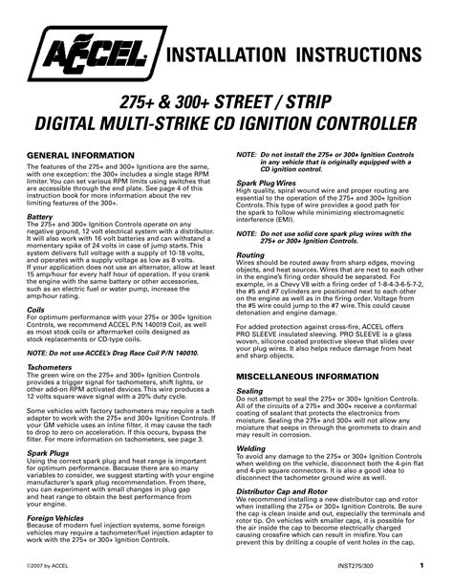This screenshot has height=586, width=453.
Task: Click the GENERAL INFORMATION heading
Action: [79, 154]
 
